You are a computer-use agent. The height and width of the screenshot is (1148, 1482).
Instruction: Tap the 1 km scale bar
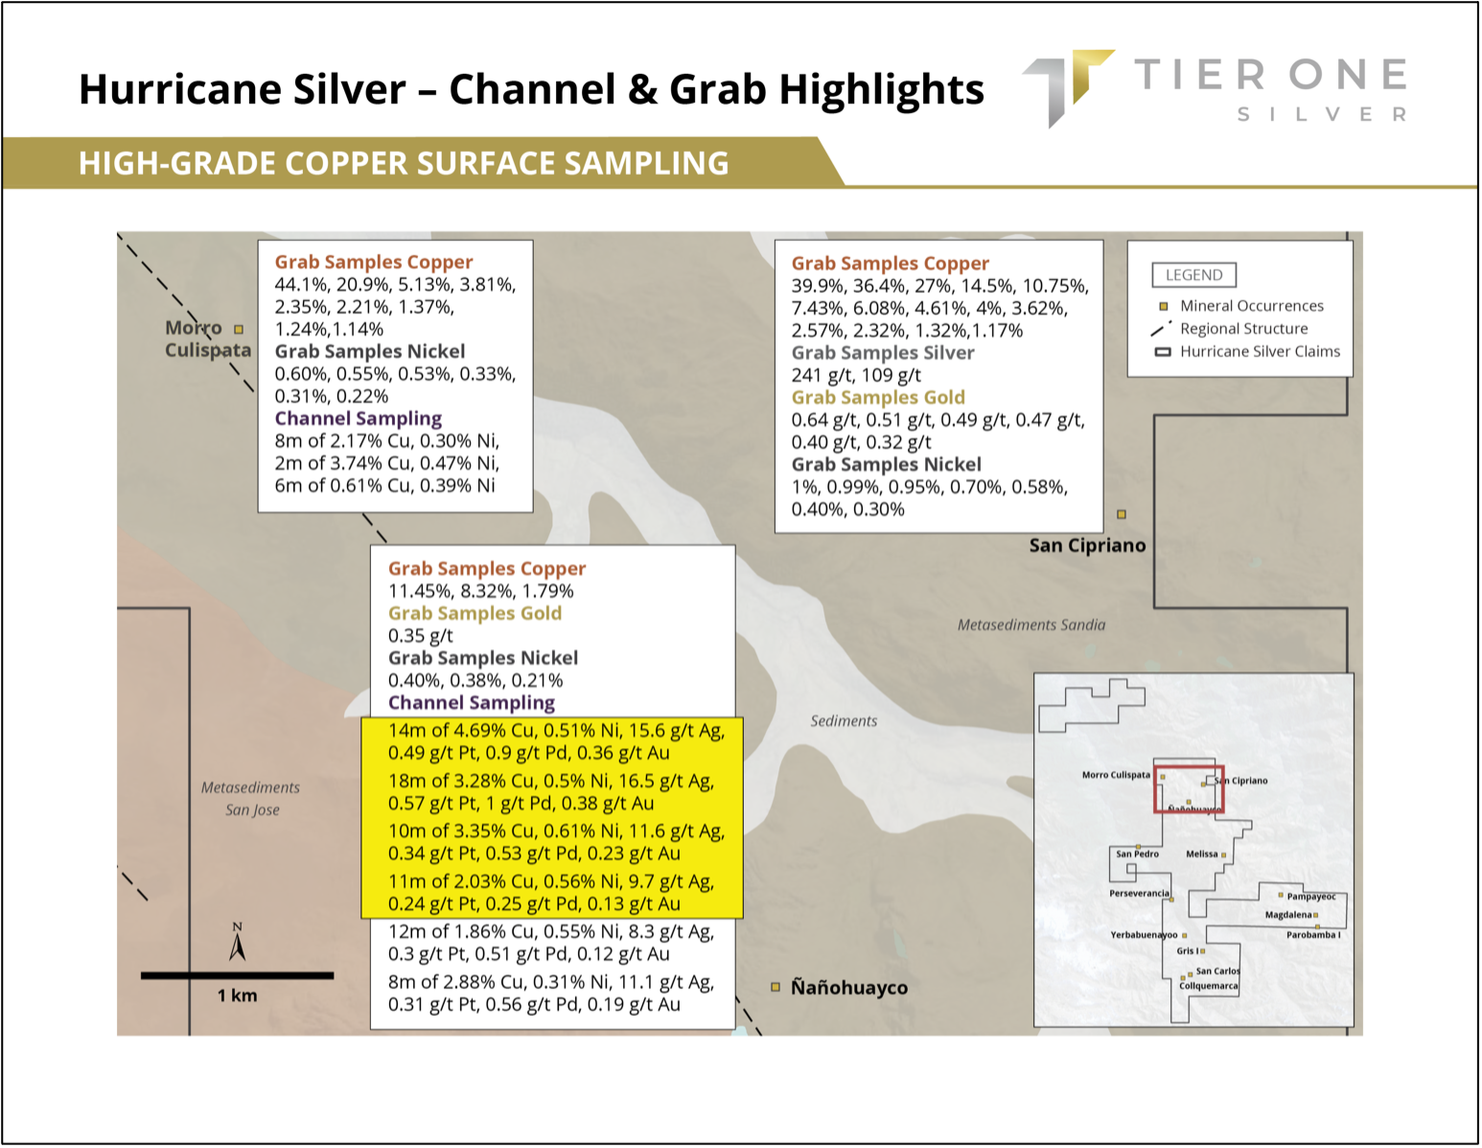pyautogui.click(x=238, y=975)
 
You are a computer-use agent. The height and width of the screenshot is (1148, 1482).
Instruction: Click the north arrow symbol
pyautogui.click(x=238, y=943)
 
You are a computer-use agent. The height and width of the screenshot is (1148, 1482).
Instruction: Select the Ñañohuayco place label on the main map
pyautogui.click(x=849, y=987)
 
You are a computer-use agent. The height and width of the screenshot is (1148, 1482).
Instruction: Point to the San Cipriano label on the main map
pyautogui.click(x=1087, y=545)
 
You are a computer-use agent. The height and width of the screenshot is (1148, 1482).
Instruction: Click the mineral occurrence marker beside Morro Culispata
pyautogui.click(x=239, y=330)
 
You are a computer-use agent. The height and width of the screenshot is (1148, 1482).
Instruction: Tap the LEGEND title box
pyautogui.click(x=1193, y=275)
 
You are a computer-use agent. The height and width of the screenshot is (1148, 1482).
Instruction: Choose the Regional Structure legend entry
pyautogui.click(x=1228, y=329)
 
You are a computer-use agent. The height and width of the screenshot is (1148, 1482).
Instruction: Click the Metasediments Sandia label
pyautogui.click(x=1031, y=624)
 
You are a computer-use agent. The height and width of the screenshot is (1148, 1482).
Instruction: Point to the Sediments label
pyautogui.click(x=844, y=721)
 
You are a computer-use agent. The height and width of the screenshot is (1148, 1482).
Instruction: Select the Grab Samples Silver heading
pyautogui.click(x=883, y=353)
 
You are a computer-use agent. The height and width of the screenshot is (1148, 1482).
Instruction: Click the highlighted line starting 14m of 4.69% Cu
pyautogui.click(x=556, y=731)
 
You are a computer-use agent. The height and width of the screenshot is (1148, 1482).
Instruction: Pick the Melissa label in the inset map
pyautogui.click(x=1202, y=854)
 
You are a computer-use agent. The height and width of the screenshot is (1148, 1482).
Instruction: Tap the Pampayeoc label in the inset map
pyautogui.click(x=1311, y=897)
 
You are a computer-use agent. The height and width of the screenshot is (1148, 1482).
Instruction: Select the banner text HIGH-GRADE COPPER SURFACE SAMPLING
pyautogui.click(x=404, y=163)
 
